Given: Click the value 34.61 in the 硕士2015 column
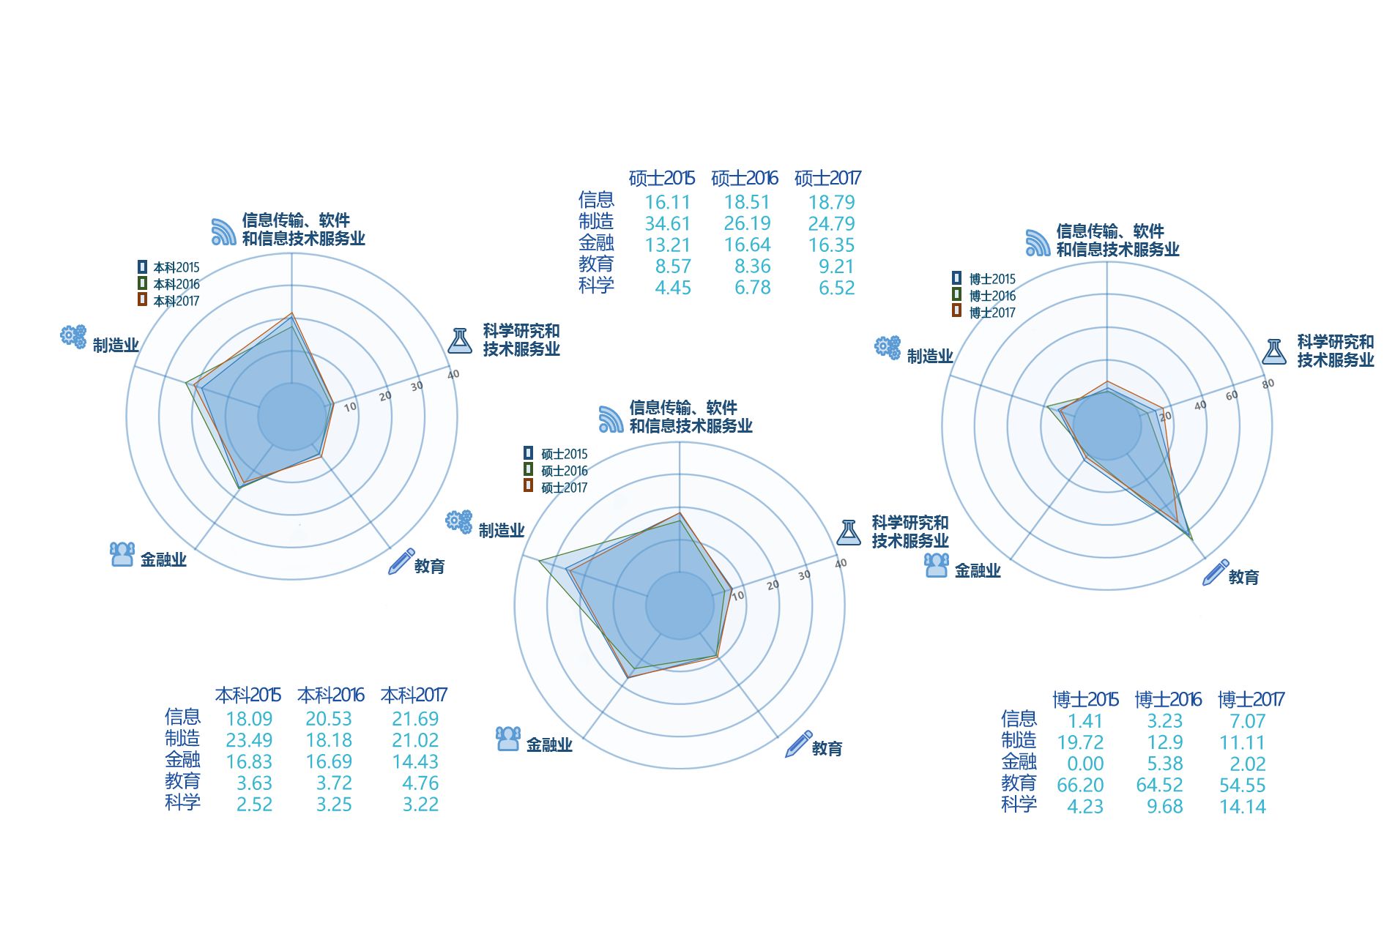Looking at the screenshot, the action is point(667,224).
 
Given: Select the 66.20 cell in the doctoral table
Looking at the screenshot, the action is point(1080,786).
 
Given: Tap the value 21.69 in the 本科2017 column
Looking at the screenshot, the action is point(415,720).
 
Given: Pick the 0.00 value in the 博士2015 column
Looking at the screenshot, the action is point(1085,764).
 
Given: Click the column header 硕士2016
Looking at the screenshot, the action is point(745,178).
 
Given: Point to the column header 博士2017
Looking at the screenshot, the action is point(1251,700).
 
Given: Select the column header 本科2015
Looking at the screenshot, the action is point(248,695).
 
